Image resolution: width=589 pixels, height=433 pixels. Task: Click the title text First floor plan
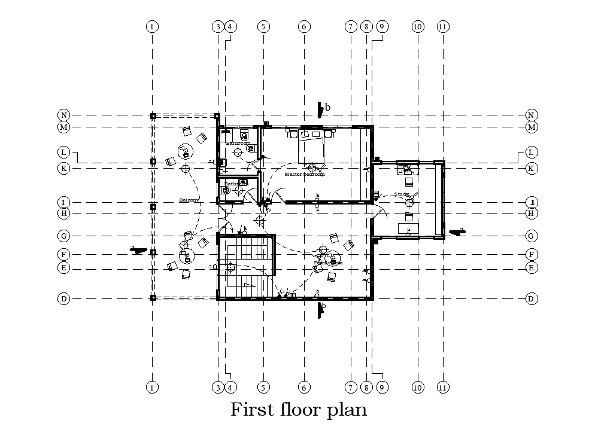[299, 410]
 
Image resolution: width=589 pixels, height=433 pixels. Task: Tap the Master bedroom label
[305, 175]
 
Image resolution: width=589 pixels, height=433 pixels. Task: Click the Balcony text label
[189, 201]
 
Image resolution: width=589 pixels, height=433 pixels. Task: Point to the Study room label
[402, 194]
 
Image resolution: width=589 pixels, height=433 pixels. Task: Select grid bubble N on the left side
[63, 115]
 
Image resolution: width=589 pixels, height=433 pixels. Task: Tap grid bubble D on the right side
[531, 298]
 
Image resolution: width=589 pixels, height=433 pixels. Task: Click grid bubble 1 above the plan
[153, 26]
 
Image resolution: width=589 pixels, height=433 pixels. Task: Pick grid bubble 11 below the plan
[443, 388]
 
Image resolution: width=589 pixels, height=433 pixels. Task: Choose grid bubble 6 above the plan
[304, 26]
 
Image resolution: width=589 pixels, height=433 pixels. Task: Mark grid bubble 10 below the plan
[418, 388]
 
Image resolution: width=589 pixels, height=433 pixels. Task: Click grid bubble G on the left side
[63, 236]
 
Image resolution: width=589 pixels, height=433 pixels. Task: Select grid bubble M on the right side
[531, 127]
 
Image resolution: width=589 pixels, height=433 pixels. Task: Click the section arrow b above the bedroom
[322, 108]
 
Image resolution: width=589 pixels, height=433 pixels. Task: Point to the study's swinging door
[380, 212]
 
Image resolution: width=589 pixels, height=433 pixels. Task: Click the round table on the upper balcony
[184, 152]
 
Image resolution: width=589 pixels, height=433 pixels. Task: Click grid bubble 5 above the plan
[263, 26]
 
